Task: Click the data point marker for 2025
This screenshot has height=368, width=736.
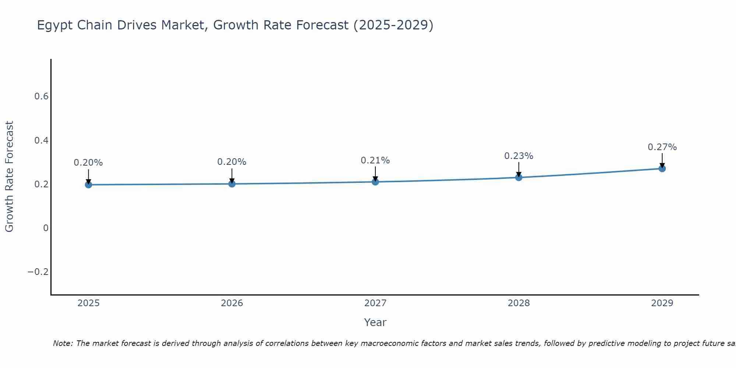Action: click(88, 184)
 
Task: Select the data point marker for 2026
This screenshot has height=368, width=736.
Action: click(232, 184)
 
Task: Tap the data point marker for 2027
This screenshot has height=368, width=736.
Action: click(375, 181)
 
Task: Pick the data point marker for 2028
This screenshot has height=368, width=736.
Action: click(519, 177)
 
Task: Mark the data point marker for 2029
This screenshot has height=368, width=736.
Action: click(662, 169)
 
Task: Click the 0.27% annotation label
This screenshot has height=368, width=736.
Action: click(662, 147)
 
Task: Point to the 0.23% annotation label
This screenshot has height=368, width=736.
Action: click(519, 156)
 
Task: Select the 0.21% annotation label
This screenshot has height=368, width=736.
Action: click(375, 160)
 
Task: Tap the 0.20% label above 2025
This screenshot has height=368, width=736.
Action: click(88, 163)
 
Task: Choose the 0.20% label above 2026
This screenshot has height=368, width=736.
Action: click(232, 162)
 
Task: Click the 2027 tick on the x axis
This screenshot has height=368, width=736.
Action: click(375, 303)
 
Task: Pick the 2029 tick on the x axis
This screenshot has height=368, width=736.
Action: click(662, 303)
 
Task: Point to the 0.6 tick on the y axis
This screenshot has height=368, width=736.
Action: click(41, 96)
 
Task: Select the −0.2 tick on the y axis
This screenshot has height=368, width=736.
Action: click(38, 272)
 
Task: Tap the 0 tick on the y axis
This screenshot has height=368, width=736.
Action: click(46, 228)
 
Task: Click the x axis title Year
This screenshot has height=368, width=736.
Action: click(375, 322)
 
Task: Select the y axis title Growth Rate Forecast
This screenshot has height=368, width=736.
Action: click(9, 177)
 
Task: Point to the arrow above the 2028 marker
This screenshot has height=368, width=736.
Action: click(519, 169)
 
